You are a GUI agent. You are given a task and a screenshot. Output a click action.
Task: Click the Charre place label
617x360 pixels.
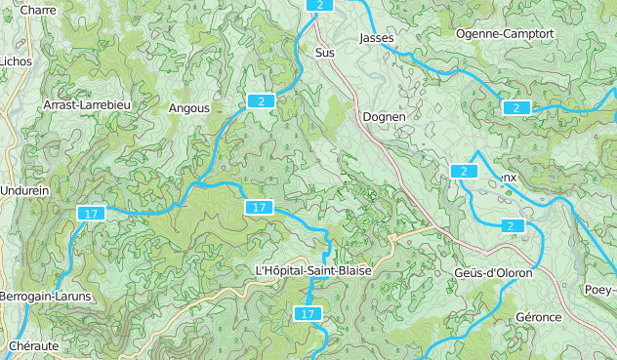[x=37, y=10]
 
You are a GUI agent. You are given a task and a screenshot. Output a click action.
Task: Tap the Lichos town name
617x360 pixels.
[x=16, y=60]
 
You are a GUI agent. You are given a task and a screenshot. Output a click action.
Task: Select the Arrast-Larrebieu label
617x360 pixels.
[x=87, y=103]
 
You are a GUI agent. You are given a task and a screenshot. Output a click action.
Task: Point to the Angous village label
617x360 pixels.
[x=189, y=108]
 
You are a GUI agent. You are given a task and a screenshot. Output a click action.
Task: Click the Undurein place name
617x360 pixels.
[x=25, y=191]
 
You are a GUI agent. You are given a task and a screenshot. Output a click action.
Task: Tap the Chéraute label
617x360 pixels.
[x=34, y=345]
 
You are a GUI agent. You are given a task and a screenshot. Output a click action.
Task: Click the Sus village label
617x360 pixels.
[x=324, y=53]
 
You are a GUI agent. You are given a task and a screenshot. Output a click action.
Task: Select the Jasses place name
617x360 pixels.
[x=376, y=38]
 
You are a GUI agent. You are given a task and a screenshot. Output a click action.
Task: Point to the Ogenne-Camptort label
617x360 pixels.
[x=505, y=33]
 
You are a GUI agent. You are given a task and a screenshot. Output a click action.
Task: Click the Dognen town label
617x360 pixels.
[x=383, y=116]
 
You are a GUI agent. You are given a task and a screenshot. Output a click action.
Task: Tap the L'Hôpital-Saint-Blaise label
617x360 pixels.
[x=312, y=270]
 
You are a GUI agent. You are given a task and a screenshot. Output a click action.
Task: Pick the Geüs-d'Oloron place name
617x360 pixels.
[x=493, y=272]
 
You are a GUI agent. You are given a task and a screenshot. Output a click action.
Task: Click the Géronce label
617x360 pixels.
[x=539, y=317]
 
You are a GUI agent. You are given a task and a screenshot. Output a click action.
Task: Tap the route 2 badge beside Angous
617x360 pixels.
[x=260, y=100]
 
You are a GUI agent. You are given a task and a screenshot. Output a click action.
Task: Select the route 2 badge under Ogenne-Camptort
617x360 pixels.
[x=515, y=107]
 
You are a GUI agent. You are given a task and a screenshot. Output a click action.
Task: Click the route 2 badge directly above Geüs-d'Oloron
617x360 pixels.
[x=510, y=226]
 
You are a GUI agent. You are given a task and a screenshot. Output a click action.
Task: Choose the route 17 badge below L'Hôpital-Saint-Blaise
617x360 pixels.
[x=308, y=313]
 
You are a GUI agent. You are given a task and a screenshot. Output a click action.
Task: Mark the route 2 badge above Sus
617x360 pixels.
[x=319, y=5]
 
